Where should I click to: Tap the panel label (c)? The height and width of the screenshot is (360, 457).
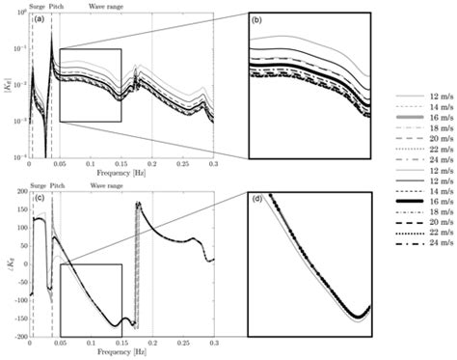coord(39,199)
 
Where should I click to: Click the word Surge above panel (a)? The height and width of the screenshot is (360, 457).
coord(38,5)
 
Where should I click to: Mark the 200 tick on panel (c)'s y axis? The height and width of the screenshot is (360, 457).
coord(20,192)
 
